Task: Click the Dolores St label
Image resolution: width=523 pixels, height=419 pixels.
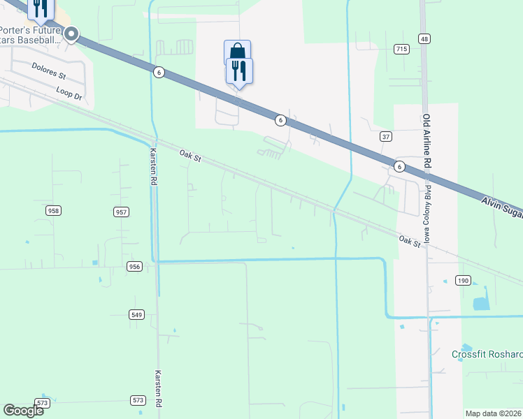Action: (x=48, y=71)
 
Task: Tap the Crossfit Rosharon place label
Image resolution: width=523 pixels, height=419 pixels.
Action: (x=487, y=353)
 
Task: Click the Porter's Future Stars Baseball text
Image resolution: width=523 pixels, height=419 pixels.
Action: (x=31, y=34)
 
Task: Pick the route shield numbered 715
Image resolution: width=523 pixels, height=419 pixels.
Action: (x=401, y=49)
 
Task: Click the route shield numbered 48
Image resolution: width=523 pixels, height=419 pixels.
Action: (x=424, y=38)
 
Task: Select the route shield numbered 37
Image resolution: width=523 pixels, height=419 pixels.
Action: (x=385, y=136)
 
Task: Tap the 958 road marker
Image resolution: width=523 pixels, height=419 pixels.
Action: (x=53, y=210)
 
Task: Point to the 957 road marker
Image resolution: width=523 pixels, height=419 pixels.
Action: (x=121, y=212)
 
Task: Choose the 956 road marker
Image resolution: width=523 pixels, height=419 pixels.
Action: (x=135, y=266)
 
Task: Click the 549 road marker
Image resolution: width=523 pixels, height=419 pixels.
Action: (x=136, y=315)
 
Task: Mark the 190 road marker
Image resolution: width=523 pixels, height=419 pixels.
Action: (x=463, y=280)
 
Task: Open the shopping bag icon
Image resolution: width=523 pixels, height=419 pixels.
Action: (x=237, y=51)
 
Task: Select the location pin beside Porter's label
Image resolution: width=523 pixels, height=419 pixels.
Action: (x=72, y=34)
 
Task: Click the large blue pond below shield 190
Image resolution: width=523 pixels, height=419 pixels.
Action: (x=481, y=303)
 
